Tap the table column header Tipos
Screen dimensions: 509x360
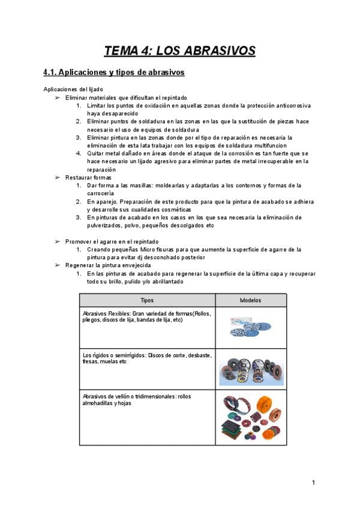pos(147,300)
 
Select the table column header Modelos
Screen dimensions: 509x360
pos(250,300)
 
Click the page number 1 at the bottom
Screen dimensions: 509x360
pos(313,483)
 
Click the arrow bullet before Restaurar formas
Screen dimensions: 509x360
pos(58,178)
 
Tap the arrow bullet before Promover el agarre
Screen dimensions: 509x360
pos(58,241)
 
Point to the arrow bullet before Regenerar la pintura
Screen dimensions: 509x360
pos(58,265)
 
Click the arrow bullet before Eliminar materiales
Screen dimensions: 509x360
pos(58,97)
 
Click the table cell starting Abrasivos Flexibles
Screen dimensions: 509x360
pos(146,316)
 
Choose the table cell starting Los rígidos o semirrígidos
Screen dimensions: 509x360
pos(146,358)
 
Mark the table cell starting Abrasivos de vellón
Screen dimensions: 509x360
pos(146,400)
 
